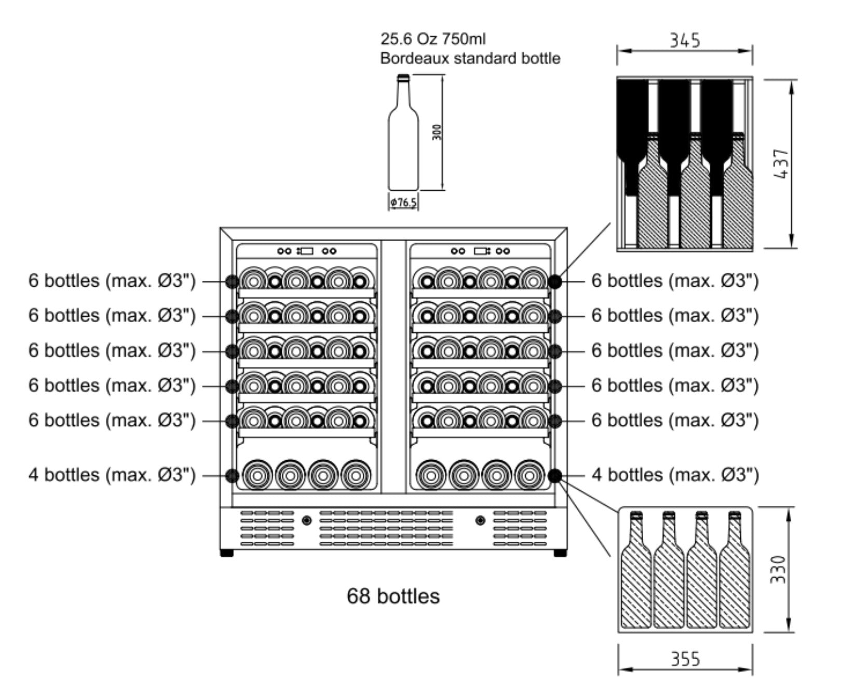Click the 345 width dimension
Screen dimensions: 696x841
click(x=684, y=40)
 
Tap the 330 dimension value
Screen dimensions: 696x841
click(x=778, y=569)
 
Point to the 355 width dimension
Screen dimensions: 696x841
click(x=685, y=659)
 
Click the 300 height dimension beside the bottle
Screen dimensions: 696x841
click(x=437, y=132)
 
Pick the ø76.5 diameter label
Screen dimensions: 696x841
click(x=403, y=203)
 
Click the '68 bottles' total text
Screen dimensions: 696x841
click(x=393, y=596)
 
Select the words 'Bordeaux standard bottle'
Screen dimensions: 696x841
click(x=470, y=58)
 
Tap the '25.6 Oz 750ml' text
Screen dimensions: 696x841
click(x=433, y=39)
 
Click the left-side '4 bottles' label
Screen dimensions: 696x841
click(x=112, y=475)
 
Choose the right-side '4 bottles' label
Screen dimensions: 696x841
click(x=675, y=475)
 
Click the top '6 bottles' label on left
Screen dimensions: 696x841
click(x=112, y=281)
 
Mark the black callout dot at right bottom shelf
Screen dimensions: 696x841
click(x=554, y=475)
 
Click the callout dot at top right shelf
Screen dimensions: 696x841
click(x=554, y=281)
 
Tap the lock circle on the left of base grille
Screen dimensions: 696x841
click(x=307, y=520)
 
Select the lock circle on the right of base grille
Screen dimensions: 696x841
click(x=480, y=520)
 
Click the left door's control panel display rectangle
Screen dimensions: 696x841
click(x=306, y=251)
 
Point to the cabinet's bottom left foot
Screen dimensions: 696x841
click(x=227, y=553)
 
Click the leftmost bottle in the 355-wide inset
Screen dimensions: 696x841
click(x=636, y=571)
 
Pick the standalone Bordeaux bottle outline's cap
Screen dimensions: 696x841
click(x=403, y=78)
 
